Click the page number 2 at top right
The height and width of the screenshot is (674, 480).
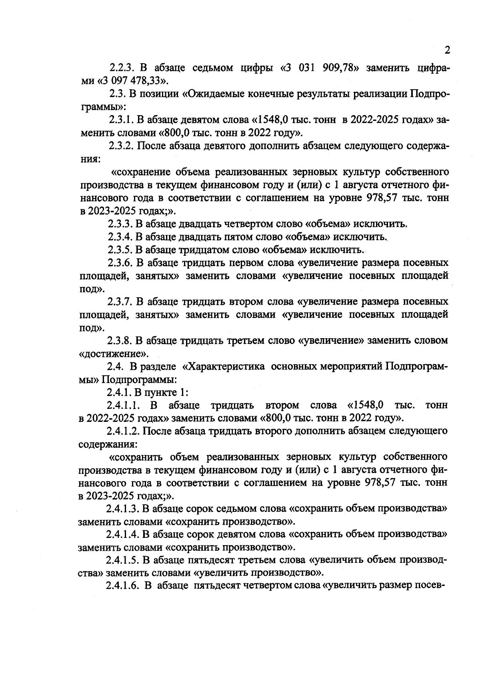pyautogui.click(x=447, y=50)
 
